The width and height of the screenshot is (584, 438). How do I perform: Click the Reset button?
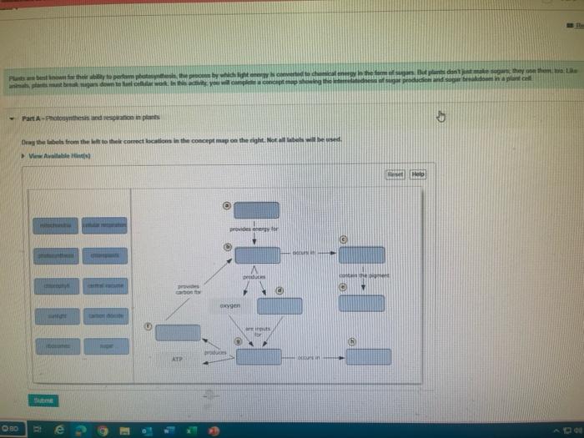coord(395,174)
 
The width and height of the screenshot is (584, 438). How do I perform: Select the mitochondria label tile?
coord(55,224)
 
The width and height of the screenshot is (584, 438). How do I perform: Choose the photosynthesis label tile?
coord(55,254)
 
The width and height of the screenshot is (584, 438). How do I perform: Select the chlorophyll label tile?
coord(55,284)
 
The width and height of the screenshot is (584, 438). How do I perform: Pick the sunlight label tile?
coord(55,316)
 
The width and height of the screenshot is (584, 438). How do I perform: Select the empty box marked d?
coord(279,305)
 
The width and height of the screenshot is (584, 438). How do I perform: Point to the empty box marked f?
coord(178,332)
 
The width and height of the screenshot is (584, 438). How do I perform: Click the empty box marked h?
coord(368,356)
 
